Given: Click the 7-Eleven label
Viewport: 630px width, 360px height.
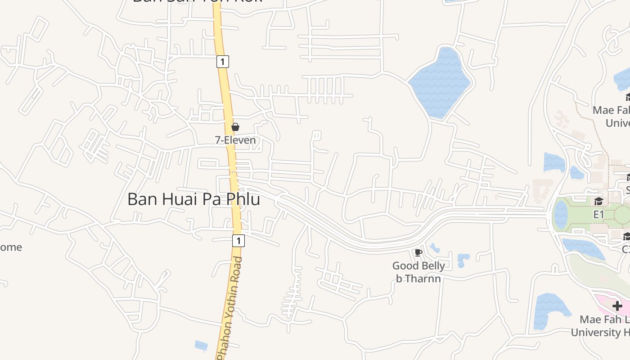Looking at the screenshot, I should click(235, 140).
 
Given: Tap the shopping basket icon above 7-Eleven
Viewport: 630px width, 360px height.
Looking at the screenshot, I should click(235, 127).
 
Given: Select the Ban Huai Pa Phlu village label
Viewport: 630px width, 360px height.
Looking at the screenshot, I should click(193, 199).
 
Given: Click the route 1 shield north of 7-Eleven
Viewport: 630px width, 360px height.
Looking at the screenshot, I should click(223, 61).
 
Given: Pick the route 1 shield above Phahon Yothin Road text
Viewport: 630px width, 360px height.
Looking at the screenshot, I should click(238, 241).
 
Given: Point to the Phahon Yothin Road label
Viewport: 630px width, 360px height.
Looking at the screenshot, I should click(229, 308).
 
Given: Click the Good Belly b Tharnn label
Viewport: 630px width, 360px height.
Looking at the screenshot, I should click(418, 272).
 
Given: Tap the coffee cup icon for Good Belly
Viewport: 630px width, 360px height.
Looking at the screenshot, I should click(418, 252).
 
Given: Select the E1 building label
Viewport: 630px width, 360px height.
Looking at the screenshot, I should click(598, 215).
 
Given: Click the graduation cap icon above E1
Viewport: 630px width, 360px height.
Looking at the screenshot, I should click(598, 201).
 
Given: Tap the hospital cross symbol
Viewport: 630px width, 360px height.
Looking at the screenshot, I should click(617, 306).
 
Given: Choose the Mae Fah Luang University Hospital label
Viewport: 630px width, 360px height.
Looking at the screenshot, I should click(603, 326).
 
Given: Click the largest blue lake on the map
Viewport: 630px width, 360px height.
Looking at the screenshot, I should click(439, 82).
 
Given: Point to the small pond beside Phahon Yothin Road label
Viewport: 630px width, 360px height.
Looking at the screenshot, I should click(201, 345).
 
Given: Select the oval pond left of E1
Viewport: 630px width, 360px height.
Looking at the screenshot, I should click(561, 214).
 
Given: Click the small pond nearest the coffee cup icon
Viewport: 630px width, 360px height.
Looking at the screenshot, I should click(434, 247).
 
